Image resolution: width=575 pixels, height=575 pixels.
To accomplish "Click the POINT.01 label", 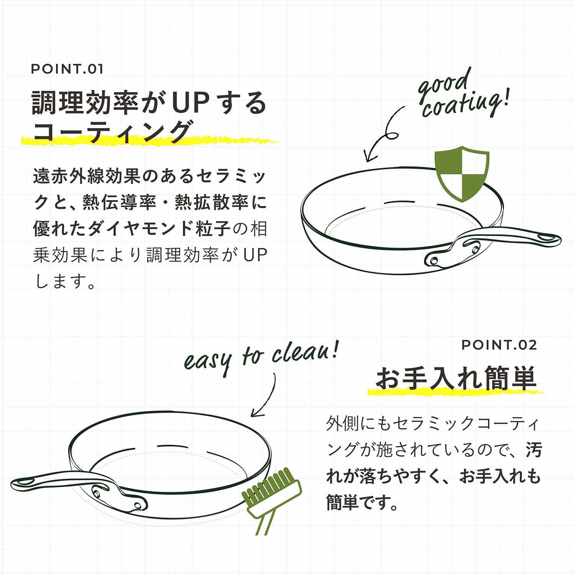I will pos(67,69).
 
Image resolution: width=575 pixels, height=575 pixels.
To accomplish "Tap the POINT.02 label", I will pos(499,345).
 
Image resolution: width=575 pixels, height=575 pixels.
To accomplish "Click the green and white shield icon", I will pos(462,173).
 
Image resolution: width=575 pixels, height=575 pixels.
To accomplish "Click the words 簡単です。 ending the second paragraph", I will pos(362,502).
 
